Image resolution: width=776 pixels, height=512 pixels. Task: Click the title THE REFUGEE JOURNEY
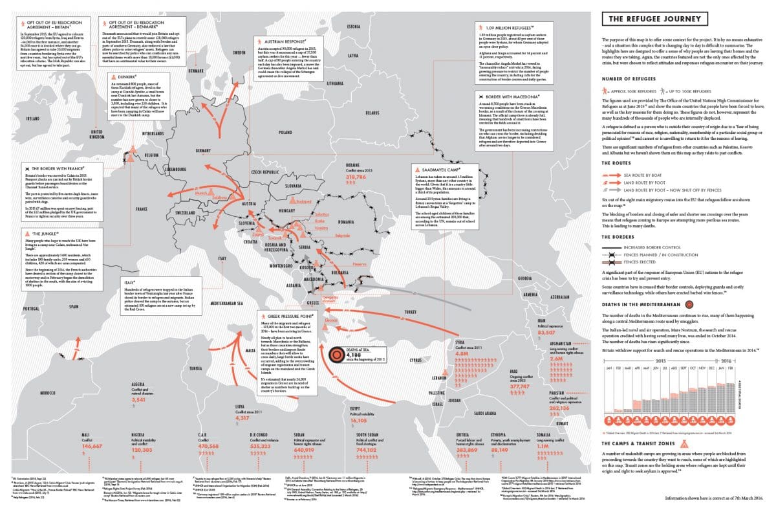[651, 20]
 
